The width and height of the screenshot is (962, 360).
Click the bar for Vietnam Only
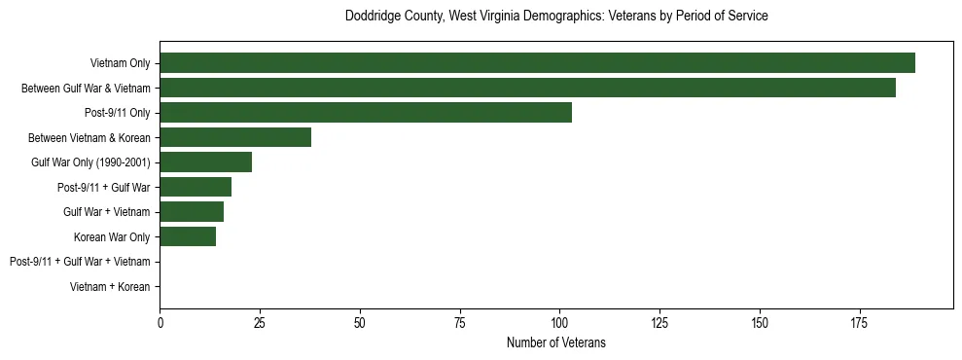537,63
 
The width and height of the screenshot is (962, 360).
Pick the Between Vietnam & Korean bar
235,137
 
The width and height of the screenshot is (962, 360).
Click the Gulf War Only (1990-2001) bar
205,162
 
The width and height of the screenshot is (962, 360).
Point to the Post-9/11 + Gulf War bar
196,187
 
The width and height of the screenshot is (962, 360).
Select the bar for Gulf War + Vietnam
192,212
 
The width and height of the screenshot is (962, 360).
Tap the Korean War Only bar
188,236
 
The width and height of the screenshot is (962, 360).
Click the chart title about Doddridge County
556,17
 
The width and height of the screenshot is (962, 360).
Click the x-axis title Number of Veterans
556,342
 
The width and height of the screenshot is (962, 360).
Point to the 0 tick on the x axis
160,322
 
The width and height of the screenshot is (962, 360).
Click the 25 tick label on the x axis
260,322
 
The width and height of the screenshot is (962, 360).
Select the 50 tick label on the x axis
360,322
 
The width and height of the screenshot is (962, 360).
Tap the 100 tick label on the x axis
559,322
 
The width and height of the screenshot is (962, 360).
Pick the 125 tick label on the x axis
659,322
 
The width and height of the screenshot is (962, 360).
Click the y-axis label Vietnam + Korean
110,287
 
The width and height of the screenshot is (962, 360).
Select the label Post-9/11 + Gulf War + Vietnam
80,262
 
